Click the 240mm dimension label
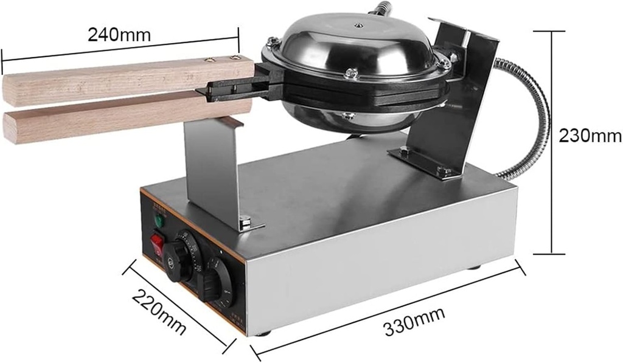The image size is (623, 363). point(119,35)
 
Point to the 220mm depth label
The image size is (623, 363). point(159,312)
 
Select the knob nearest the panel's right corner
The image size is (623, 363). point(218,281)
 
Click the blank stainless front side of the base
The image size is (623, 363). point(377,268)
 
